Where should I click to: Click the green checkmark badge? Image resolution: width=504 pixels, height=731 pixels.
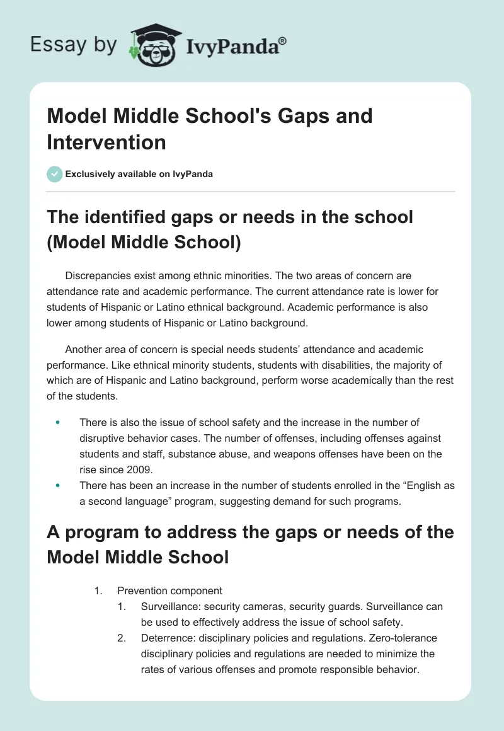point(55,174)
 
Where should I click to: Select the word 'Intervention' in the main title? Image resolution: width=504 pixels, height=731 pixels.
point(106,142)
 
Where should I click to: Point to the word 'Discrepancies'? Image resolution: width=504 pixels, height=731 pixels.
point(95,275)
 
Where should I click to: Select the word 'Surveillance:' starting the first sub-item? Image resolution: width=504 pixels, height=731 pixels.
point(169,606)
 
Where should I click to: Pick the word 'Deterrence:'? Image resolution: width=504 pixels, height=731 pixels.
point(166,638)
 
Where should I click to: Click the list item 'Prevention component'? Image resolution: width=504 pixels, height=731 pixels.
point(169,590)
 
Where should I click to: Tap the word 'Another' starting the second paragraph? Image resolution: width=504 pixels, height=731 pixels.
point(84,348)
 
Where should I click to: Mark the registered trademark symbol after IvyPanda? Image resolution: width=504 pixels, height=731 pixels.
point(283,40)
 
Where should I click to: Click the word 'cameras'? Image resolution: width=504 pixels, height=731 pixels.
point(267,606)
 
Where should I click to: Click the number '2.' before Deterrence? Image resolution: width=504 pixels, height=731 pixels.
point(122,638)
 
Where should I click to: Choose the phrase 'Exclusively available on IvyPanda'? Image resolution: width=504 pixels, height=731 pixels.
point(139,174)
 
